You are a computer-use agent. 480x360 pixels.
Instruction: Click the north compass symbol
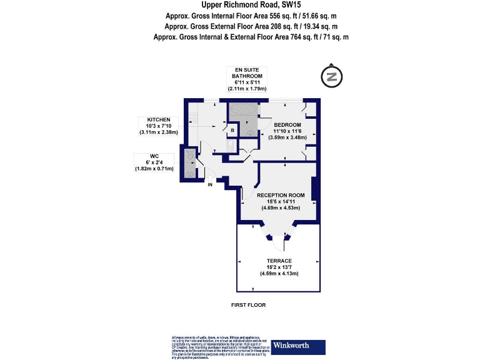click(x=332, y=77)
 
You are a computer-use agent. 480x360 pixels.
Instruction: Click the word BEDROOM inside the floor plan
click(x=287, y=124)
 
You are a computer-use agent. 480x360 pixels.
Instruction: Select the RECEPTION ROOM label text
click(x=281, y=195)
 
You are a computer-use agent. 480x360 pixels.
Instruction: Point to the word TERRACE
click(x=279, y=261)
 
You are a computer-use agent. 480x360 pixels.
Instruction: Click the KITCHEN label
click(x=159, y=119)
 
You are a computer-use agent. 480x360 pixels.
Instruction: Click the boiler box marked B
click(x=232, y=130)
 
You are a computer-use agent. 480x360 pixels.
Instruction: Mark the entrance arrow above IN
click(x=210, y=177)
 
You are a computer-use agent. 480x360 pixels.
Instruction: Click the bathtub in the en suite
click(x=242, y=111)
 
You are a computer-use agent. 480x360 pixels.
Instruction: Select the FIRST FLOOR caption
click(x=248, y=305)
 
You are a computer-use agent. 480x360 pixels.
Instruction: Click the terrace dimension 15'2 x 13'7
click(x=279, y=267)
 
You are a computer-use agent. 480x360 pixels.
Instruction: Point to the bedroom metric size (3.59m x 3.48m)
click(x=287, y=137)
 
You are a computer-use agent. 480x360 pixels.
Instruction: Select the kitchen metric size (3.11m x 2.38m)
click(x=159, y=132)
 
